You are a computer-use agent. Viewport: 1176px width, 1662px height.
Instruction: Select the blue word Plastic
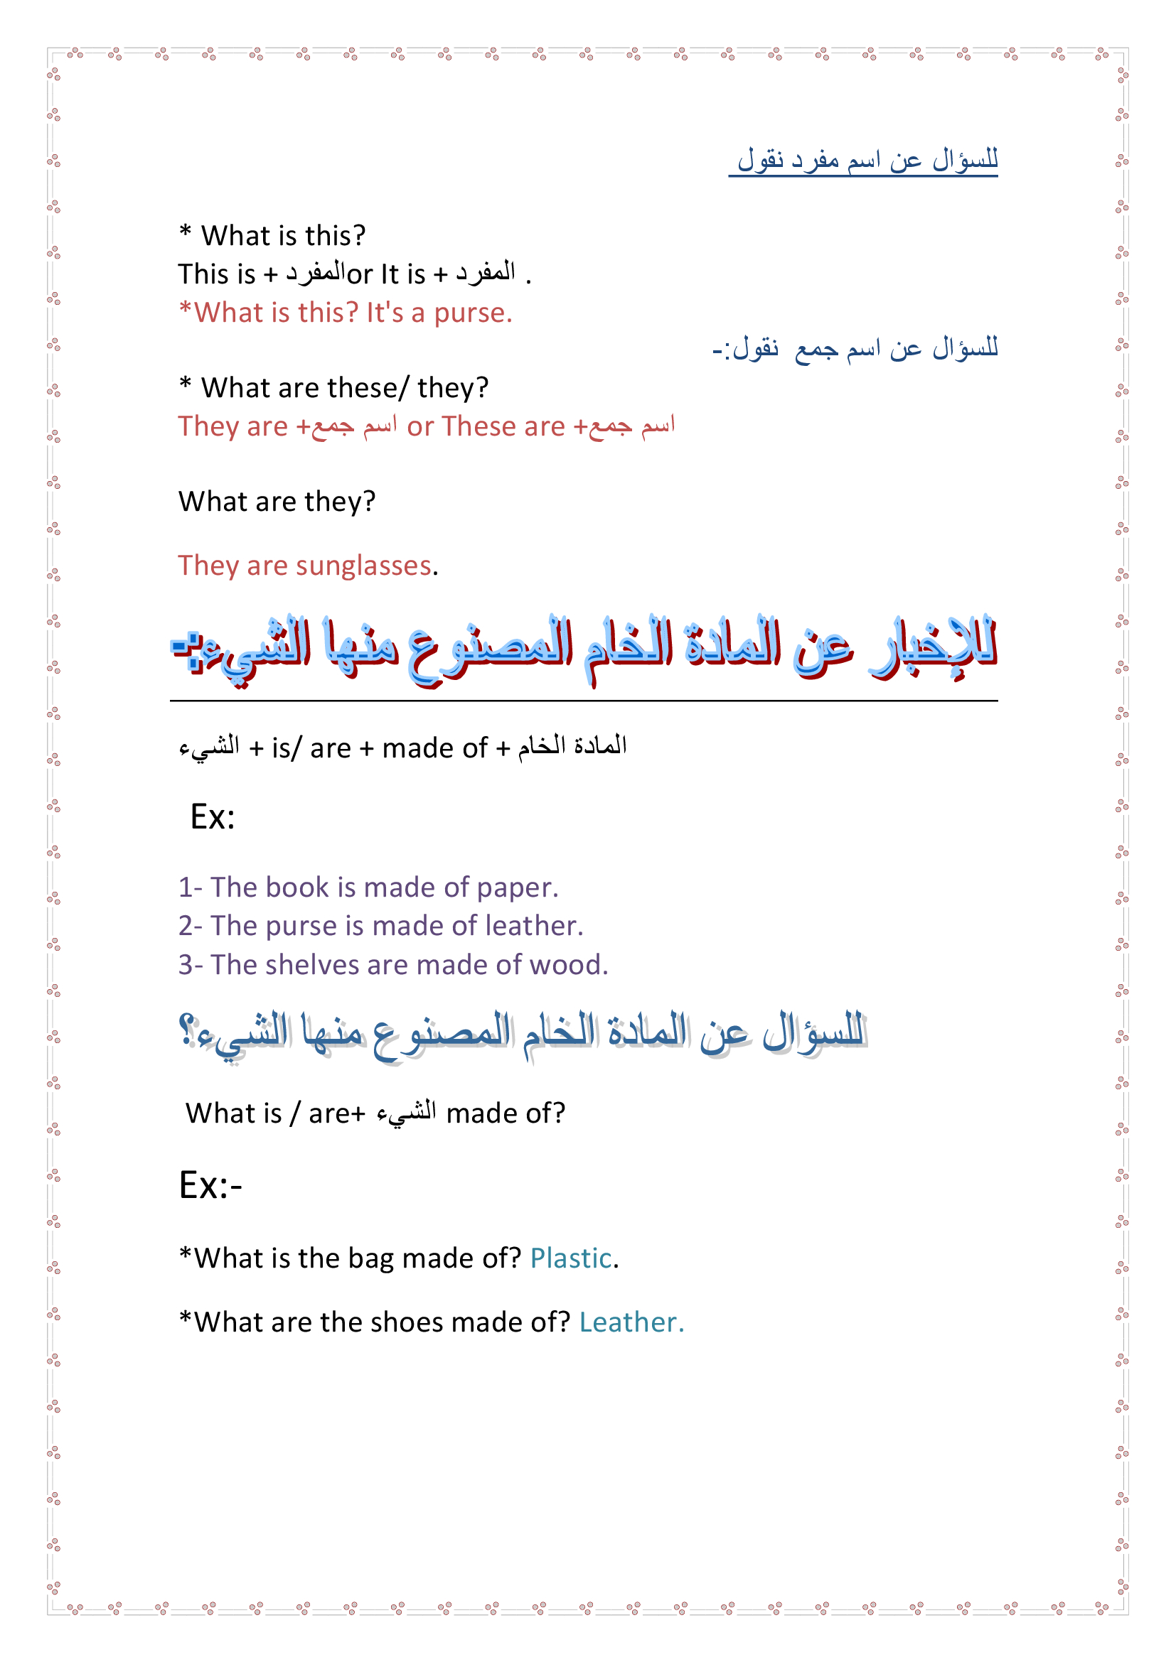click(571, 1259)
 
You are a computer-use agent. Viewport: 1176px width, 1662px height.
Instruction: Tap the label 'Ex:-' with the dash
click(210, 1186)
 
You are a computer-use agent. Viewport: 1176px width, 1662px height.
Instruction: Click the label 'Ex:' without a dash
click(212, 817)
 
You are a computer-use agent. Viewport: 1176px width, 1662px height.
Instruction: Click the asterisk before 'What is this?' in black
click(186, 233)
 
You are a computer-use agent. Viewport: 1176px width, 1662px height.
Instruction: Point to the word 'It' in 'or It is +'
click(390, 275)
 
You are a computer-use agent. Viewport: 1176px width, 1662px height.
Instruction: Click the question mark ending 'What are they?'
click(369, 502)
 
